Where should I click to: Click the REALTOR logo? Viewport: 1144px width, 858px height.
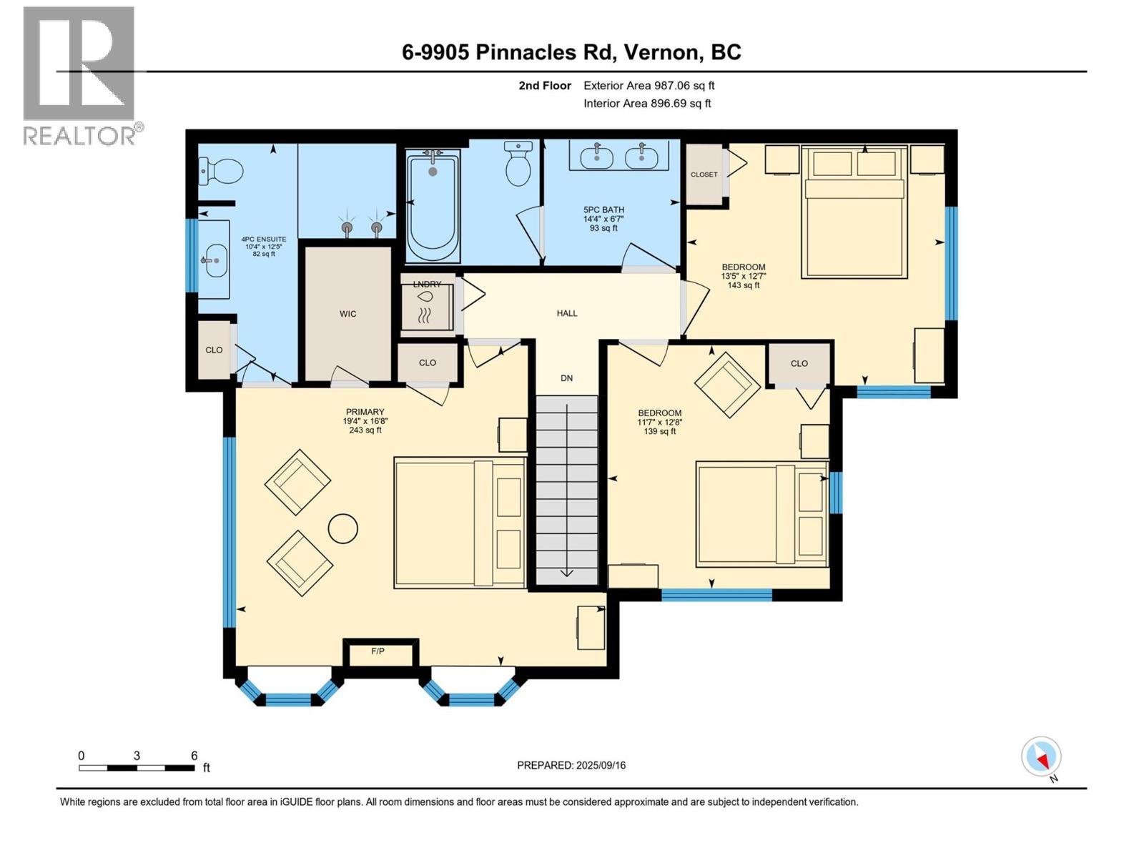pos(83,76)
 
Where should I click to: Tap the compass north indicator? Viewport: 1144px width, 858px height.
pos(1041,757)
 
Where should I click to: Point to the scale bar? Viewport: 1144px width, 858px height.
pos(137,768)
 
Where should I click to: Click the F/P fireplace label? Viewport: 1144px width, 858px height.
pos(378,651)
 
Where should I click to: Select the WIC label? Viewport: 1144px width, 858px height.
pos(347,314)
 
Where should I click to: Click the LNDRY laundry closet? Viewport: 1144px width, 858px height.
pos(428,303)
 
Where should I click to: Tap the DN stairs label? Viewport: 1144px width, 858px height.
pos(566,378)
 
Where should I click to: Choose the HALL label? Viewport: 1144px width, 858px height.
pos(567,313)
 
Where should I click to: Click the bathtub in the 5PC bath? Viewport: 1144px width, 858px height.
pos(433,206)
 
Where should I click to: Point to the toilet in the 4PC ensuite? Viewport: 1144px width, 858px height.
pos(222,170)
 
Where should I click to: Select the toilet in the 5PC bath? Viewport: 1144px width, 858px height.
pos(518,163)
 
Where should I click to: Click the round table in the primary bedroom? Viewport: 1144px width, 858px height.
pos(343,528)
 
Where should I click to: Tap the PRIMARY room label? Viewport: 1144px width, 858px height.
pos(365,412)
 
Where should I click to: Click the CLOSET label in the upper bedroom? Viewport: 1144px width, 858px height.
pos(704,174)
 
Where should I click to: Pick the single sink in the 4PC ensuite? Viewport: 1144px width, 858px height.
pos(214,260)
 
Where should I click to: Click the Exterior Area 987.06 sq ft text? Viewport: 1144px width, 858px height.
pos(649,85)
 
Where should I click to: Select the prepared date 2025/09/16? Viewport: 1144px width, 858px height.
pos(601,765)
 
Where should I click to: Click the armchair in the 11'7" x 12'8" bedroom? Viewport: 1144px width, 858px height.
pos(727,385)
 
